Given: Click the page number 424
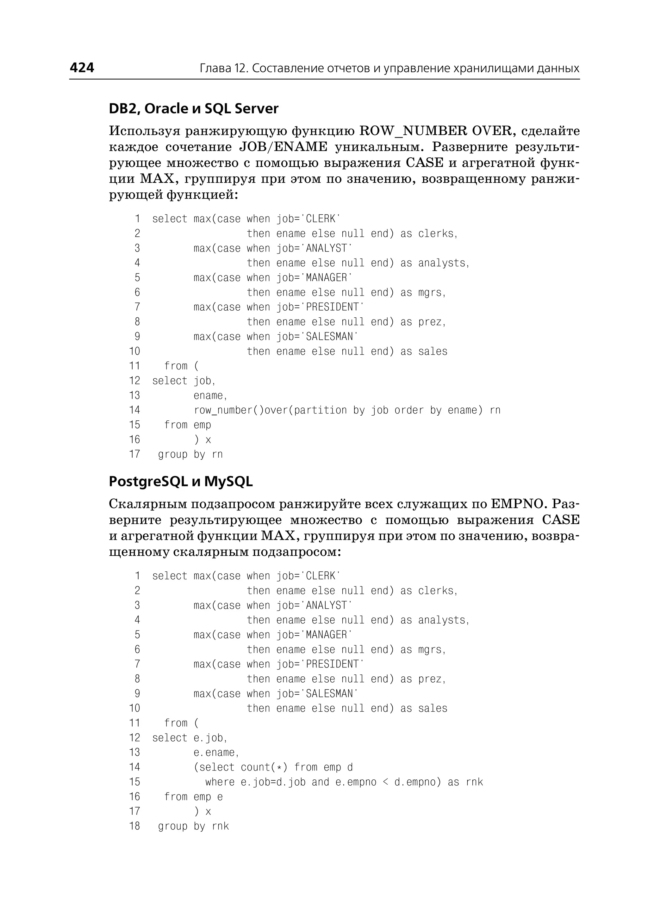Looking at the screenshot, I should [x=82, y=67].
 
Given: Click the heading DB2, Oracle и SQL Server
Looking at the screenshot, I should [x=194, y=108].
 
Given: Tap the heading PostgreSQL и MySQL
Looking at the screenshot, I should [x=181, y=482].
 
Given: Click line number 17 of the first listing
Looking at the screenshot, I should [x=134, y=454].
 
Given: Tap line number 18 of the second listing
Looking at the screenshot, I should [x=134, y=826].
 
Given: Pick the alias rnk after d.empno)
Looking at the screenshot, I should [x=474, y=782].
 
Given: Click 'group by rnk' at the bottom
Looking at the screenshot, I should [x=194, y=826].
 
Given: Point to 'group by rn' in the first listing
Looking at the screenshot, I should [x=190, y=454].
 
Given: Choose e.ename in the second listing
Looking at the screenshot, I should [x=215, y=753].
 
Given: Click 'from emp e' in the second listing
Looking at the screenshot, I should [x=194, y=797].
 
